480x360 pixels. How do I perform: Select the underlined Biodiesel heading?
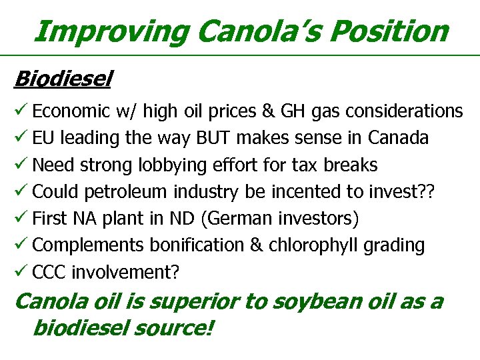pos(63,79)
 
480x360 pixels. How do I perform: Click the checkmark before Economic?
pos(21,110)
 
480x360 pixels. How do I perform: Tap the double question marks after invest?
pos(425,191)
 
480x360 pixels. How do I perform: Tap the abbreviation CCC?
pos(49,272)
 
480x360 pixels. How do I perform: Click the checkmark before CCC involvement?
pos(21,271)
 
